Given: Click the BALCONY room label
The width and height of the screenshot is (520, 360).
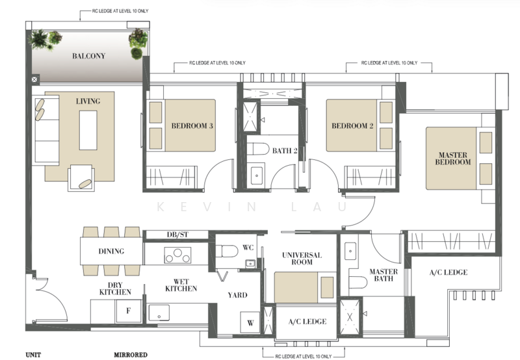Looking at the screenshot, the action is tap(88, 56).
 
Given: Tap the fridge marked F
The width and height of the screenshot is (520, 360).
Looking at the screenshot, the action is tap(128, 311).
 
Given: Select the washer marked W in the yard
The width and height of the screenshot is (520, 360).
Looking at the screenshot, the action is tap(250, 323).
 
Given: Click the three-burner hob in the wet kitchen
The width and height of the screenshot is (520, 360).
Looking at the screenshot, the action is tap(177, 255).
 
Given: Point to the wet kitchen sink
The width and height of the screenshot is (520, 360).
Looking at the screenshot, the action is tap(159, 313).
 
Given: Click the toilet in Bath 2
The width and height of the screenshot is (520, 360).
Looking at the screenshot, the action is tap(258, 149).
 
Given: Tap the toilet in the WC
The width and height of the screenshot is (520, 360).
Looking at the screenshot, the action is tap(226, 251).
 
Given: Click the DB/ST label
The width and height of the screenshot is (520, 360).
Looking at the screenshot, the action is tap(177, 235).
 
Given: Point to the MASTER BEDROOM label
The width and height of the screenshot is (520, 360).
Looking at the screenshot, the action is tap(452, 159).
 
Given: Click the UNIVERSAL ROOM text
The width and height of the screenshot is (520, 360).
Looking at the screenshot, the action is tap(302, 259).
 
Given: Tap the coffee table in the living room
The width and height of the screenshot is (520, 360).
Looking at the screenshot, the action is tap(88, 130).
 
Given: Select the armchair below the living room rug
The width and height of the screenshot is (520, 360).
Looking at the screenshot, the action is tap(81, 178).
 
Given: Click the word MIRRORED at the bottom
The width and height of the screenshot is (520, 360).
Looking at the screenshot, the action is tap(131, 355).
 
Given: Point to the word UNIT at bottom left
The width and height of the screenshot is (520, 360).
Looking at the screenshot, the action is tap(33, 355).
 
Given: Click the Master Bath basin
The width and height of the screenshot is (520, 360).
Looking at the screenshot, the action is tap(350, 251).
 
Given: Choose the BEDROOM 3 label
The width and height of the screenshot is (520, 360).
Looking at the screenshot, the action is tap(192, 126).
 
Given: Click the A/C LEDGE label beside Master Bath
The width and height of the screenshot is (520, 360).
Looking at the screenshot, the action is tap(448, 272).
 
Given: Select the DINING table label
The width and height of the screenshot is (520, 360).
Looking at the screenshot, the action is tap(111, 251).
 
